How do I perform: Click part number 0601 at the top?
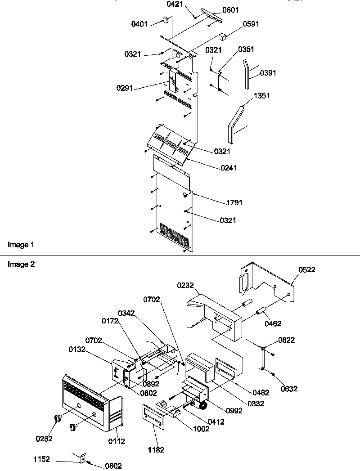231,10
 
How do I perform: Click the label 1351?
262,96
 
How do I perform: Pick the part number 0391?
268,73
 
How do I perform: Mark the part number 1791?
234,203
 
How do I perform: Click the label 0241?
229,168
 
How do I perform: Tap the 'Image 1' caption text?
21,245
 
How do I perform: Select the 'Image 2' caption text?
21,264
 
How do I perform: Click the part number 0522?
306,269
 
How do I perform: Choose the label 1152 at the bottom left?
42,460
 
